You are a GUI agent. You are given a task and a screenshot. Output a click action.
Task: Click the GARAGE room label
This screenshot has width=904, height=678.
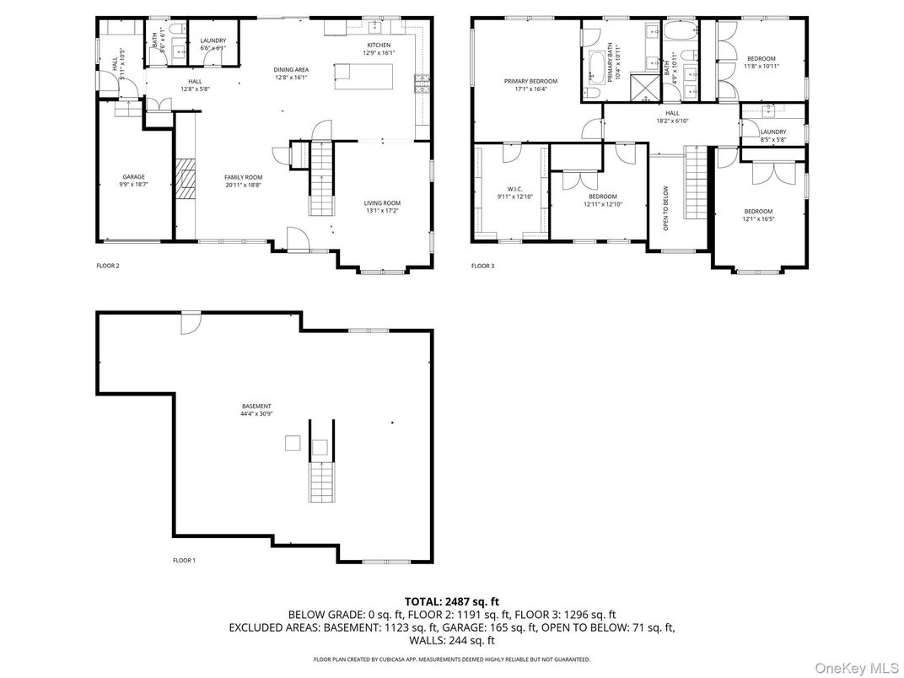coord(133,177)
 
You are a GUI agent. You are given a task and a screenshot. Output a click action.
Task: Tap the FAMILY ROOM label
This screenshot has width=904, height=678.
coord(243,177)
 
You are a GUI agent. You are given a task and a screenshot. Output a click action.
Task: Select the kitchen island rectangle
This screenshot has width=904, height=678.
coord(363,76)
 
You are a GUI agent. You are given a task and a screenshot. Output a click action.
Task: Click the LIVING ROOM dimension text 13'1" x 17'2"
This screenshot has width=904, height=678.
coord(382,211)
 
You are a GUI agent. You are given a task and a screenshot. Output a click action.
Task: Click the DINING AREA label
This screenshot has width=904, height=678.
coord(290,70)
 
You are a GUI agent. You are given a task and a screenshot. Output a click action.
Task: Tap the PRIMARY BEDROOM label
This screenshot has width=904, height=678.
coord(530,81)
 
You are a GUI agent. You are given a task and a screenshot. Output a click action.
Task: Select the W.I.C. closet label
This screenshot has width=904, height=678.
coord(515,189)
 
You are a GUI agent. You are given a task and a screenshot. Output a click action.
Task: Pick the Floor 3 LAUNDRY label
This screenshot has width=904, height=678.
coord(772,132)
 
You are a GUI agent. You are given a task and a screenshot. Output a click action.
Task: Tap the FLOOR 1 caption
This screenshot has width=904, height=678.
coord(184,560)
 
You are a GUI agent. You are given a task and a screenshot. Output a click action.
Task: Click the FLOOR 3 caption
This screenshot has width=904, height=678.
coord(482,266)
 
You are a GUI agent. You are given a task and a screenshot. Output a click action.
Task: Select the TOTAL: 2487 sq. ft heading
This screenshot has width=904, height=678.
coord(451,601)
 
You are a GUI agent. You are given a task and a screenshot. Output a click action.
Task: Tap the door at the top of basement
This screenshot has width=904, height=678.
coord(191,322)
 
